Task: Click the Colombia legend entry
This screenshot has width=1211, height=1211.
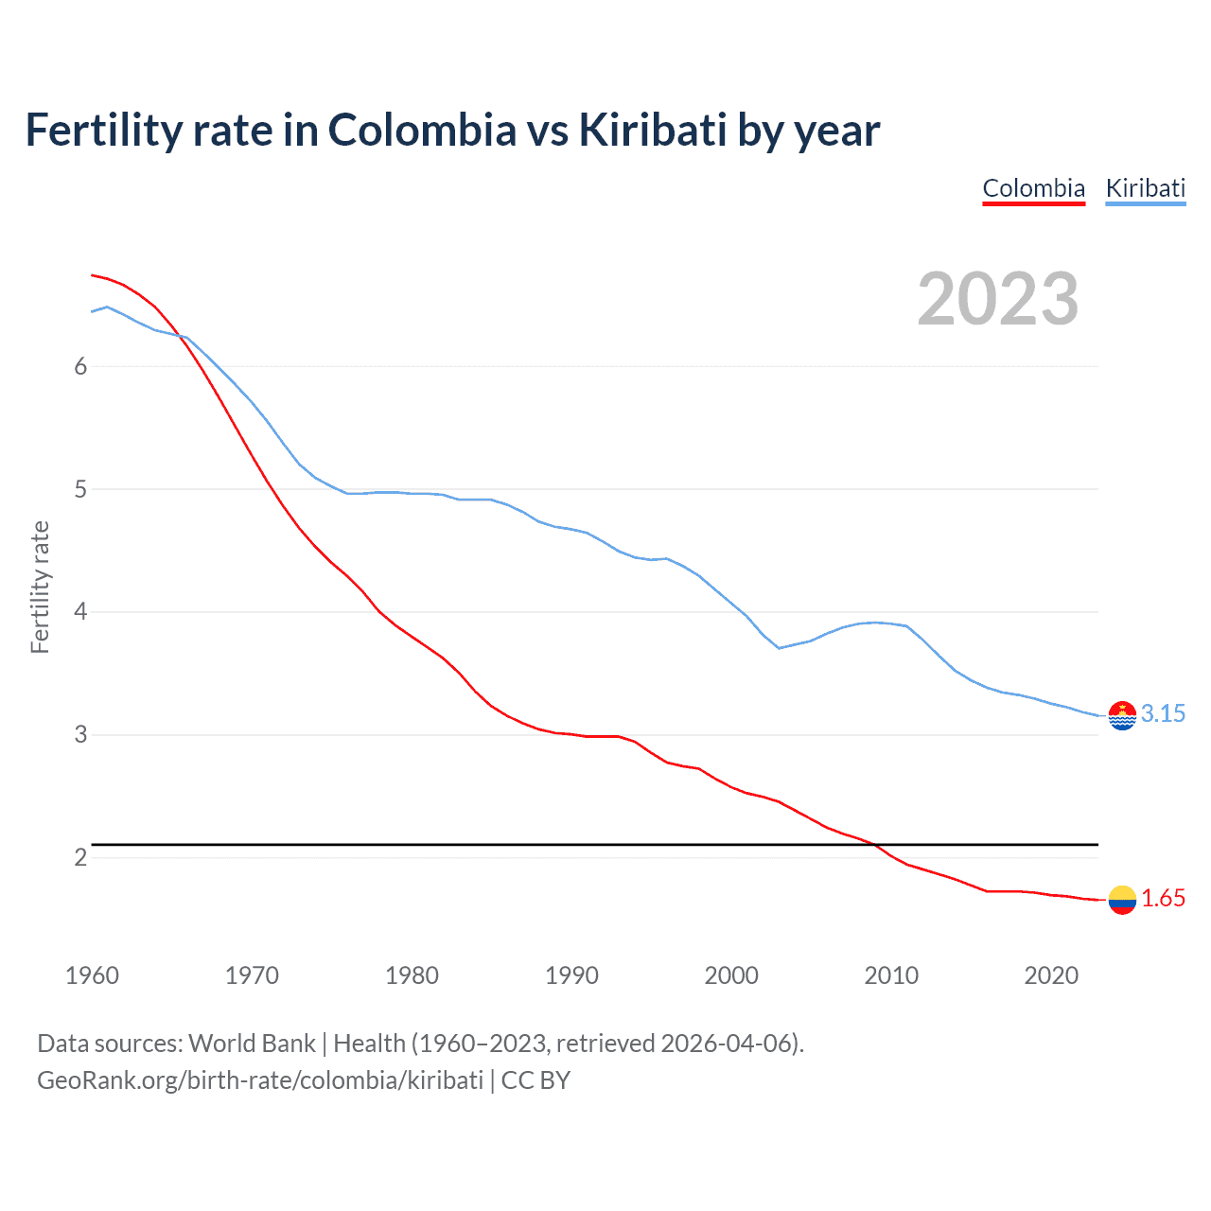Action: point(1033,188)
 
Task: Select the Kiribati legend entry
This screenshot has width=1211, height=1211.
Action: point(1145,188)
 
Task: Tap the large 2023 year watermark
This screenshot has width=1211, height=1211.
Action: point(997,299)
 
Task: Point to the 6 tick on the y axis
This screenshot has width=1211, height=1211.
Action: point(80,367)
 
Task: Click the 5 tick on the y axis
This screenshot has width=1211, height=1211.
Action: point(80,490)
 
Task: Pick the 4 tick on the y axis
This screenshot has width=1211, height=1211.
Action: point(80,612)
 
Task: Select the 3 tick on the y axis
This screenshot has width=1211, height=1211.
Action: point(80,735)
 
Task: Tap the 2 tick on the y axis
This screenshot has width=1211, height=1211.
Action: point(80,857)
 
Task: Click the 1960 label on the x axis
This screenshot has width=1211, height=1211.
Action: point(92,975)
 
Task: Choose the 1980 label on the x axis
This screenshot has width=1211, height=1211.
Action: point(412,975)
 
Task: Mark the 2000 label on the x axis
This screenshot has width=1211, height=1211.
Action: point(731,975)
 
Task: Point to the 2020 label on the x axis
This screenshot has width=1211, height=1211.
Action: point(1051,975)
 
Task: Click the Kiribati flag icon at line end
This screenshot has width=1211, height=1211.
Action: point(1122,716)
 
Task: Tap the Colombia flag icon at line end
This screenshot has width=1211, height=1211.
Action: point(1122,900)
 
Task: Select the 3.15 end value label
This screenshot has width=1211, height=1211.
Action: point(1163,714)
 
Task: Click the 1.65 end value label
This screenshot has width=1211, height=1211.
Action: point(1163,899)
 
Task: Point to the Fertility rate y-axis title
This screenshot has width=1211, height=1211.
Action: point(40,587)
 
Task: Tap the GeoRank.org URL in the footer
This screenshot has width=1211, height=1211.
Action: point(260,1080)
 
